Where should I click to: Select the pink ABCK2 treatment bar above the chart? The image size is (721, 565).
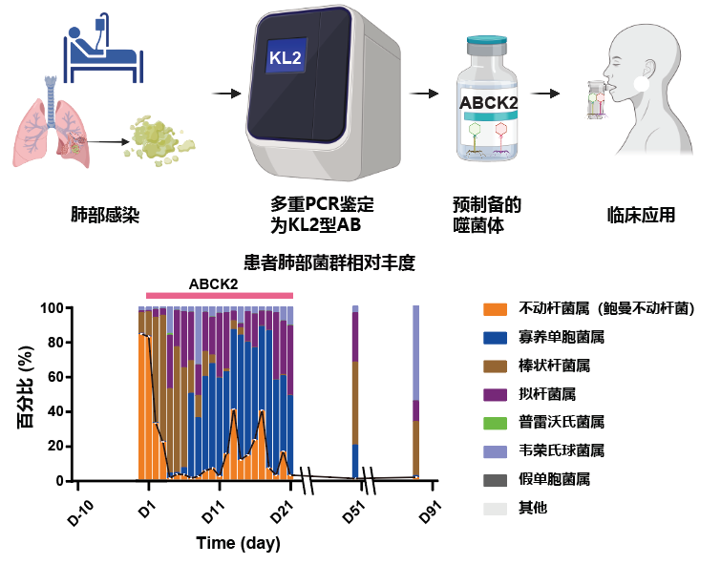219,296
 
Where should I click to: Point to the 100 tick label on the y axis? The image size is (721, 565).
51,309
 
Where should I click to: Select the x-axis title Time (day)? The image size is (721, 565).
238,543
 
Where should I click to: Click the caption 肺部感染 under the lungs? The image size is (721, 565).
105,214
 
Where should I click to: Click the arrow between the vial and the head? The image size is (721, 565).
545,94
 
